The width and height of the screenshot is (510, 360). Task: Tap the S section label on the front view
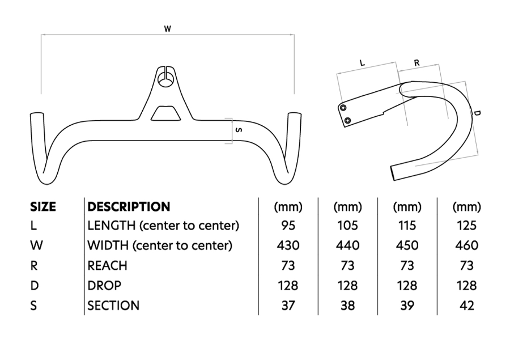click(x=238, y=130)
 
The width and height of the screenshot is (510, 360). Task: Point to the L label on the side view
click(x=362, y=63)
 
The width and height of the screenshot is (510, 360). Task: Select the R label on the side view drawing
click(x=416, y=63)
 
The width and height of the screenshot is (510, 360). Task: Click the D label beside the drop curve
click(x=477, y=113)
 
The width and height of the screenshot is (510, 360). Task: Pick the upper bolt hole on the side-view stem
click(x=343, y=108)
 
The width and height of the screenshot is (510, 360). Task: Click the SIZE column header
click(x=43, y=207)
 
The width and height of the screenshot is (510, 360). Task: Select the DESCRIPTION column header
click(x=129, y=207)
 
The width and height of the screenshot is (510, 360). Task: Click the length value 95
click(x=288, y=226)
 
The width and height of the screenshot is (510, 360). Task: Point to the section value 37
click(x=288, y=306)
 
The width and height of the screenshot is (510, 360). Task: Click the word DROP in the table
click(x=104, y=286)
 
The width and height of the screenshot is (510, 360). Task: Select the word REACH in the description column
click(x=108, y=265)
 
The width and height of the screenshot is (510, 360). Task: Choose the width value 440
click(x=347, y=245)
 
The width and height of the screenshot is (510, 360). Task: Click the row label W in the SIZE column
click(x=35, y=245)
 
